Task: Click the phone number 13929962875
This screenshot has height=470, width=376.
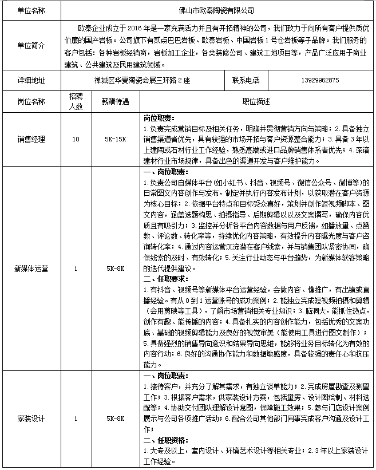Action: click(x=319, y=80)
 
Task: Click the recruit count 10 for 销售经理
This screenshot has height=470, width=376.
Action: click(x=76, y=139)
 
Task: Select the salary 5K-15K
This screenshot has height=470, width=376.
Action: click(x=116, y=139)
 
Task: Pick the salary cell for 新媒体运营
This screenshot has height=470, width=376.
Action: click(x=116, y=267)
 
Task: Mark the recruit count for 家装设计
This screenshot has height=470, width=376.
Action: click(x=76, y=418)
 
